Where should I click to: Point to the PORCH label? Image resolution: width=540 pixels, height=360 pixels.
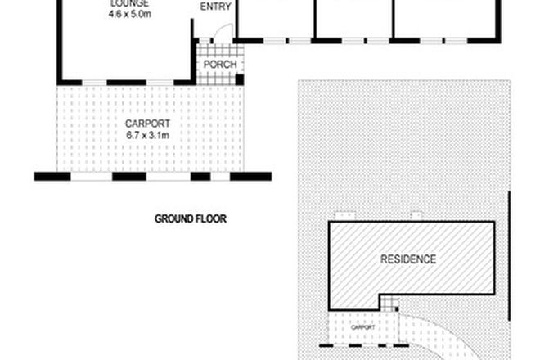point(221,65)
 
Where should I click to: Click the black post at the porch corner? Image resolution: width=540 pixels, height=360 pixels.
point(240,79)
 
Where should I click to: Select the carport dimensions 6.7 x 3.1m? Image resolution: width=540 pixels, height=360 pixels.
point(148,137)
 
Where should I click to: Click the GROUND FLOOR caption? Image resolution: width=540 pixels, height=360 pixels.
point(190,218)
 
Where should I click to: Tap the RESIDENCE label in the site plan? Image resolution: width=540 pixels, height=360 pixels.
point(408,259)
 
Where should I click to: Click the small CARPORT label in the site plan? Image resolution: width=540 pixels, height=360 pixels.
point(363,327)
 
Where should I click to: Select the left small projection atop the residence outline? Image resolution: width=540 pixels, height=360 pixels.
point(347,216)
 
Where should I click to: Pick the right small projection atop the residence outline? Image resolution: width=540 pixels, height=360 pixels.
point(416,216)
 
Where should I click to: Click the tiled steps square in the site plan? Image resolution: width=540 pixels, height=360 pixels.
point(390,302)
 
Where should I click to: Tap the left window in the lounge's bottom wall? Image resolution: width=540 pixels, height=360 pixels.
point(94,82)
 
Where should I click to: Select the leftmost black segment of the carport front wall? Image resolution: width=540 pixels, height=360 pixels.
point(49,176)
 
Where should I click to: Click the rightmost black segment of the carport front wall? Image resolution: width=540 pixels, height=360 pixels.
point(250,176)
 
